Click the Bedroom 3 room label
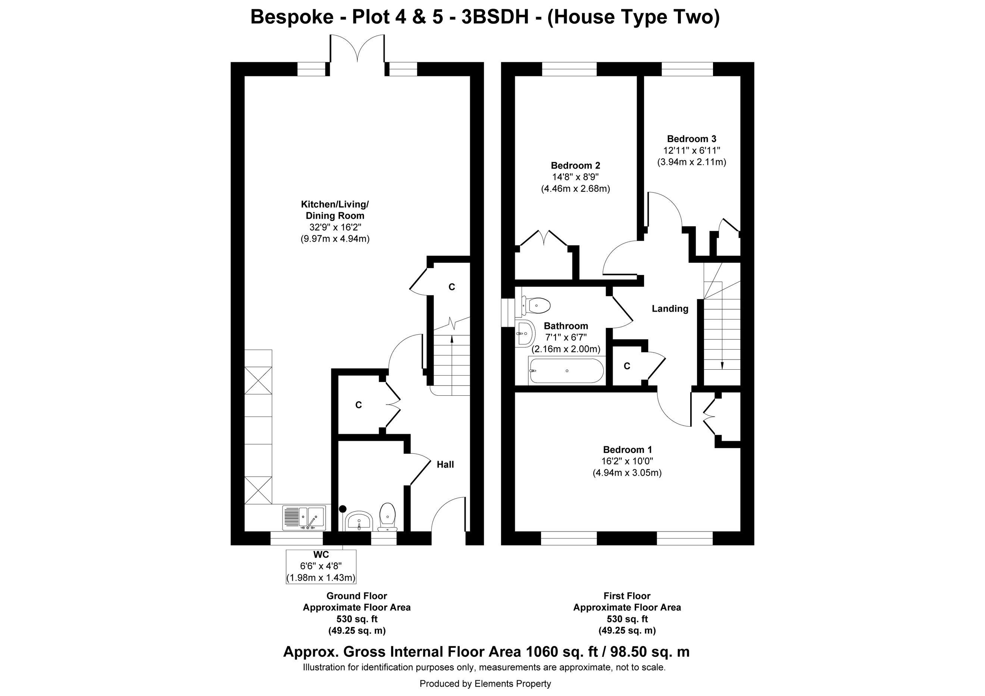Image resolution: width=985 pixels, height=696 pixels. pos(692,139)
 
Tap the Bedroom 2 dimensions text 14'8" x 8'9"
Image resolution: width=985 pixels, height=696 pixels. pos(575,177)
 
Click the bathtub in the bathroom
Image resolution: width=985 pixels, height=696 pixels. pos(567,370)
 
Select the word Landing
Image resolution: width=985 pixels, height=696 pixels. pos(670,309)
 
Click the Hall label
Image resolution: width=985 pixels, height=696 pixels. pos(445,464)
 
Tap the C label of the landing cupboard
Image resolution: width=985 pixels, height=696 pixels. pos(627,366)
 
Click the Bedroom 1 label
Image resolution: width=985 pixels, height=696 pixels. pos(627,450)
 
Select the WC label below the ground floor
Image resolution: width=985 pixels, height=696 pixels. pos(321,555)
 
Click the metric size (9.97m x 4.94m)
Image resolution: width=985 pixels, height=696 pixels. pos(335,239)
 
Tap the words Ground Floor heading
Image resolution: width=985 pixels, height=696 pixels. pos(357,596)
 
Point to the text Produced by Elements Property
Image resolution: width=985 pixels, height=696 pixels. pos(485,684)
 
